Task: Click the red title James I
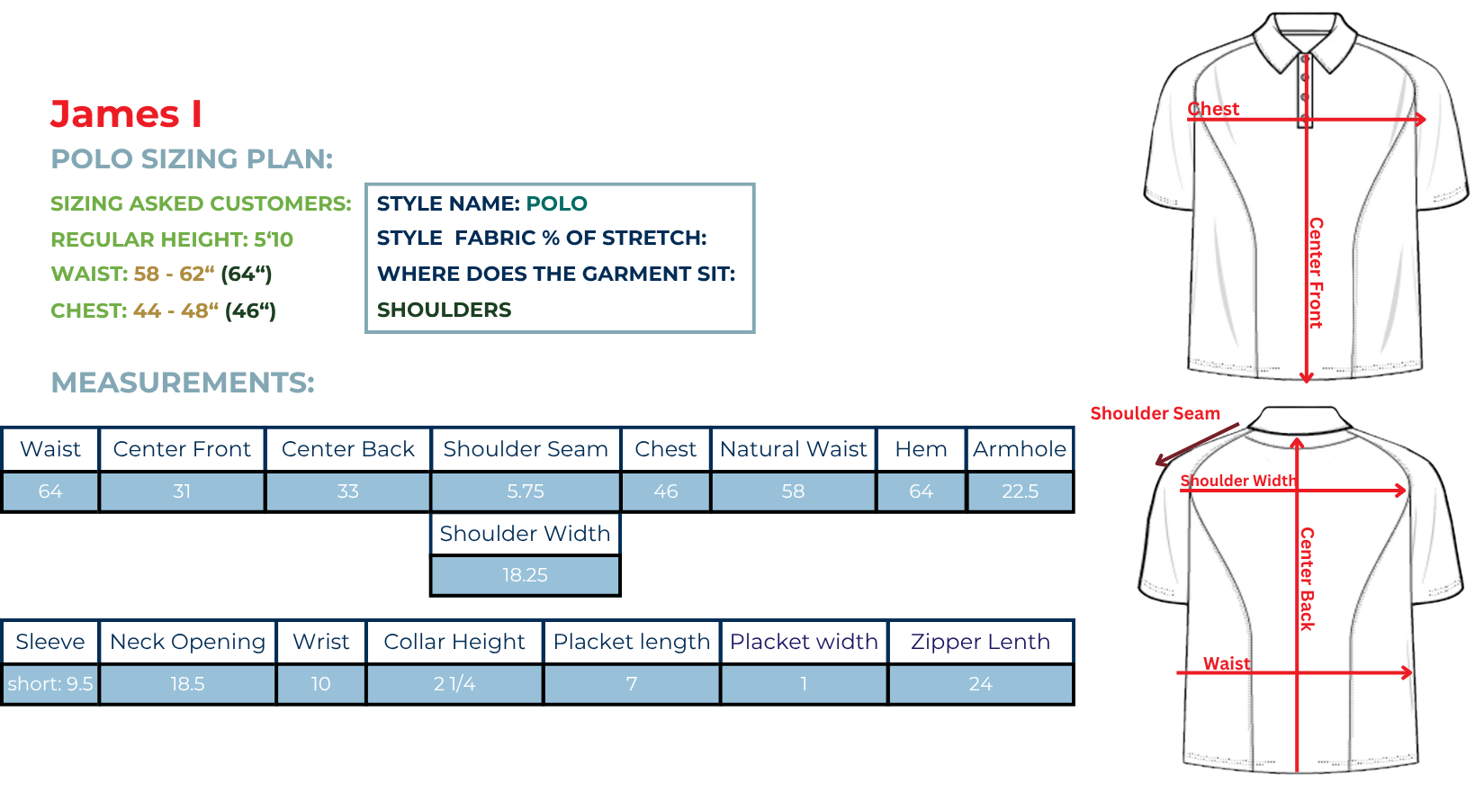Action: click(x=126, y=114)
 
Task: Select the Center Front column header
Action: click(x=182, y=449)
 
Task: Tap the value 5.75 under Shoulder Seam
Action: click(x=526, y=491)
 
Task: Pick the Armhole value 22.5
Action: click(x=1020, y=491)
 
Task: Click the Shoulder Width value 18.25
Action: click(x=525, y=574)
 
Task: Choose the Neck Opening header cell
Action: click(x=187, y=642)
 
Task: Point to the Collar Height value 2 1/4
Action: click(x=454, y=684)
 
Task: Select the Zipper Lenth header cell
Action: click(x=981, y=642)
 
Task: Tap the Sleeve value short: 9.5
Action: click(x=50, y=684)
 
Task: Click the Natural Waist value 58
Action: click(x=793, y=491)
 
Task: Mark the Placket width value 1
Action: click(x=804, y=684)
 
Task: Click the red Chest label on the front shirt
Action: click(x=1213, y=109)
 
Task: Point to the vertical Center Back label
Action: click(x=1307, y=579)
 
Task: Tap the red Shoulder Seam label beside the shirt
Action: click(x=1156, y=413)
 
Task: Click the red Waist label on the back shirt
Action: click(x=1227, y=663)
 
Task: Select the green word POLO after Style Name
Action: click(x=556, y=203)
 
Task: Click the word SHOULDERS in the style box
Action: click(x=444, y=310)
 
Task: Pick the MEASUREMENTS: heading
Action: click(x=183, y=383)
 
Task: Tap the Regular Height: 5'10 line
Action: click(x=172, y=239)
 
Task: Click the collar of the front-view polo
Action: click(x=1305, y=39)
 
